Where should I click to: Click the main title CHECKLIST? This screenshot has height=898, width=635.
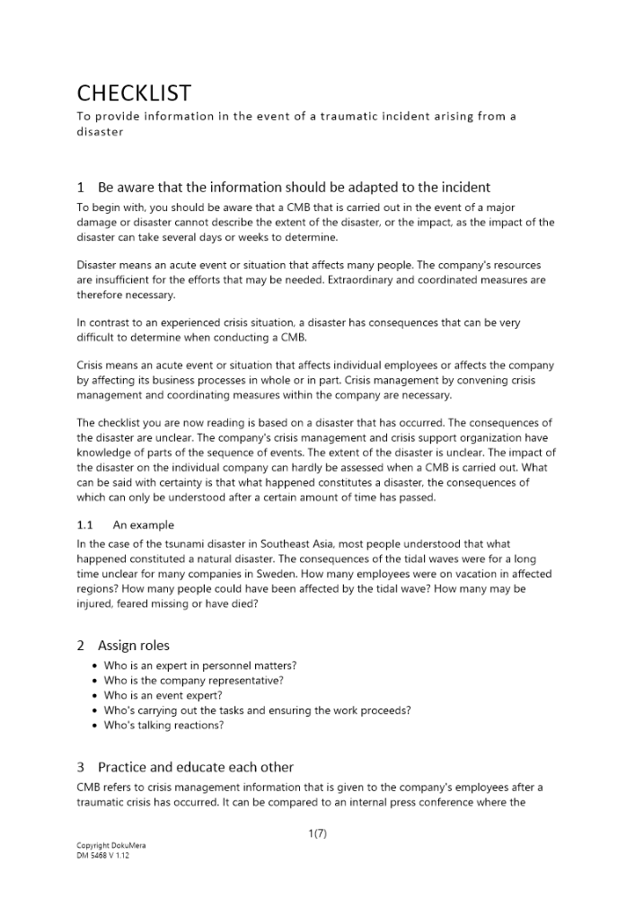pyautogui.click(x=134, y=93)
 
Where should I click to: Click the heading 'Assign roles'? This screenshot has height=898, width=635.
pyautogui.click(x=133, y=645)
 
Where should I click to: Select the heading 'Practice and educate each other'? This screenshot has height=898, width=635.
pyautogui.click(x=195, y=766)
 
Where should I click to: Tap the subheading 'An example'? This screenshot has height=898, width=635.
pyautogui.click(x=144, y=525)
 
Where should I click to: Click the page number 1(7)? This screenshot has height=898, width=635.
pyautogui.click(x=317, y=833)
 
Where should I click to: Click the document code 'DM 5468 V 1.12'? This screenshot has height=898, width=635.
pyautogui.click(x=103, y=856)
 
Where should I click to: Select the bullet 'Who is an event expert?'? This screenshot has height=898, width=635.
pyautogui.click(x=163, y=695)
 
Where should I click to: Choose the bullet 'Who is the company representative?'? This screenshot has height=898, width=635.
pyautogui.click(x=193, y=681)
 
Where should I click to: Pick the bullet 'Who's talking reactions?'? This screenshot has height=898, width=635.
pyautogui.click(x=163, y=725)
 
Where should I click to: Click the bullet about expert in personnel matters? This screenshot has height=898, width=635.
pyautogui.click(x=200, y=665)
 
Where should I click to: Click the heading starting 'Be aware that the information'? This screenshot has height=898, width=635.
pyautogui.click(x=294, y=188)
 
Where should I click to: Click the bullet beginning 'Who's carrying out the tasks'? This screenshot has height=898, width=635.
pyautogui.click(x=257, y=710)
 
